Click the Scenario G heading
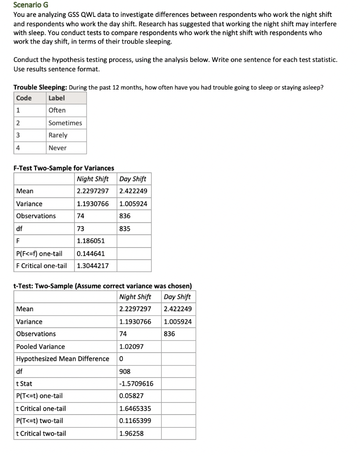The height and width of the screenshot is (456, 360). click(29, 5)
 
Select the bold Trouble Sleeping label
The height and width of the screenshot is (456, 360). click(40, 87)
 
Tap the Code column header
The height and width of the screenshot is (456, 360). click(24, 98)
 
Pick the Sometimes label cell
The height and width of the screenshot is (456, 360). click(65, 123)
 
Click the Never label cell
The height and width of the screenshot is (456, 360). click(57, 148)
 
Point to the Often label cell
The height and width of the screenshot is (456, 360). click(57, 110)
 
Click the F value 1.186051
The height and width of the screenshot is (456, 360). click(90, 241)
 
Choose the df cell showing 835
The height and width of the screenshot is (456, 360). click(125, 228)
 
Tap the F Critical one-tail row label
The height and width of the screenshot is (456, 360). click(41, 266)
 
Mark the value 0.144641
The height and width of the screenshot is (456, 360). click(90, 253)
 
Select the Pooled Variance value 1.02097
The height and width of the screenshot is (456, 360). click(131, 346)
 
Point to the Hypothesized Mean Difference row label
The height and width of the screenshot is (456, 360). click(62, 359)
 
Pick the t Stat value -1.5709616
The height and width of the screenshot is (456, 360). click(136, 383)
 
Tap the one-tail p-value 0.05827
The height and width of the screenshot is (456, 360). click(131, 396)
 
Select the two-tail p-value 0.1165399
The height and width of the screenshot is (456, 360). click(135, 421)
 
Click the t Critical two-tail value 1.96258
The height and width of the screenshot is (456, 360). click(131, 433)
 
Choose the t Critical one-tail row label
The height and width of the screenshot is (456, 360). click(41, 408)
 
